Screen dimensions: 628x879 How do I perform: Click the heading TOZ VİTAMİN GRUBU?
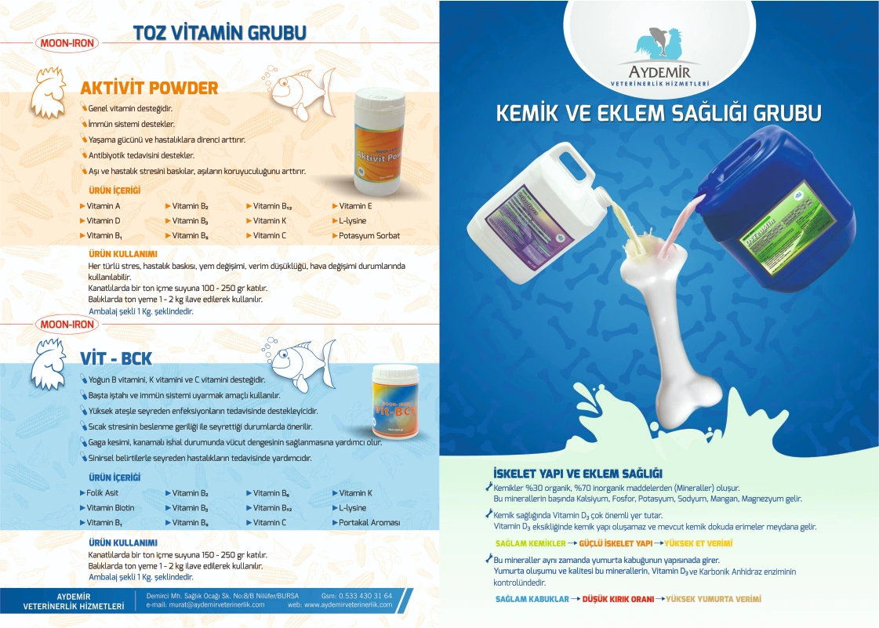click(219, 32)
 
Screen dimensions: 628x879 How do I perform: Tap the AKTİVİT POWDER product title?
click(149, 88)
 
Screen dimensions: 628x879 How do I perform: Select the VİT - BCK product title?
click(116, 358)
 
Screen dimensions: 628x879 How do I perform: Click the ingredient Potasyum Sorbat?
click(369, 235)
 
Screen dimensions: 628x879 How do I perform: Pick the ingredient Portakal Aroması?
click(369, 522)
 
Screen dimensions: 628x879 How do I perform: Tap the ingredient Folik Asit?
click(102, 493)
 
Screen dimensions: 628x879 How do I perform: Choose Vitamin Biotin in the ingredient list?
click(110, 508)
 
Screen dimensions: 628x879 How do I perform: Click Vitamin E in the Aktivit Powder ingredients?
click(355, 205)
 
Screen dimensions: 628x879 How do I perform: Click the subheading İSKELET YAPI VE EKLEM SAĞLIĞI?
click(578, 474)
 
